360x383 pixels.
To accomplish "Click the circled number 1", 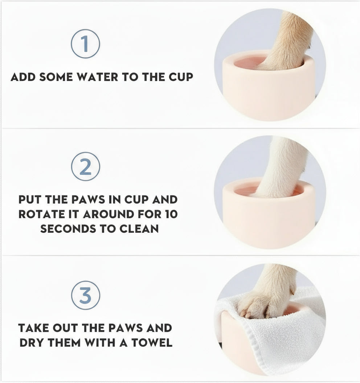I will pyautogui.click(x=85, y=44).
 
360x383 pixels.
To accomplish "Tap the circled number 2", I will pyautogui.click(x=85, y=167).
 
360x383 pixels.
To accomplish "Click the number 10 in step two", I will pyautogui.click(x=169, y=214).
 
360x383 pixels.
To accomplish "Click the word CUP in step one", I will pyautogui.click(x=180, y=77).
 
